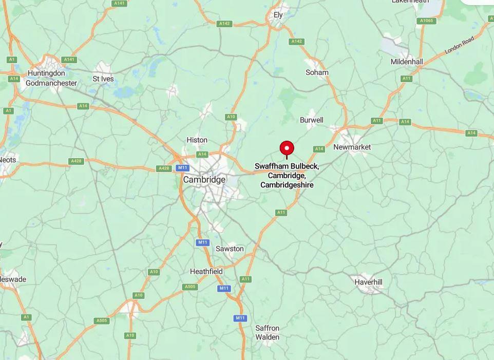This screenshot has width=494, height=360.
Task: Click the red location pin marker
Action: click(x=287, y=148)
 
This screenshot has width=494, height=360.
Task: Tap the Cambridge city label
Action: click(x=204, y=180)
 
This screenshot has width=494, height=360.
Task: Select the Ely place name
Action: click(x=278, y=15)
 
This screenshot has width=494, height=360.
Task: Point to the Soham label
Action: click(x=317, y=72)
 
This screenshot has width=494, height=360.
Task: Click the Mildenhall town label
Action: click(x=407, y=62)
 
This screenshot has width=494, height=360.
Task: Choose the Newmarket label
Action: click(x=352, y=147)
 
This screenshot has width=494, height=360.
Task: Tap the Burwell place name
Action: click(x=312, y=120)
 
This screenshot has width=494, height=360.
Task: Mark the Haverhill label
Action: click(x=368, y=282)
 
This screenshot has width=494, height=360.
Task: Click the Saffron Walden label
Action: click(x=268, y=332)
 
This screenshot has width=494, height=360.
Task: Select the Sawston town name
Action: click(x=230, y=249)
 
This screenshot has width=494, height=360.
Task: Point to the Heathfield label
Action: click(x=206, y=271)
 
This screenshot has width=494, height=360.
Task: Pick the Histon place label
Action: click(x=197, y=140)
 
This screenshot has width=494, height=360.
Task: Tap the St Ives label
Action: click(x=103, y=79)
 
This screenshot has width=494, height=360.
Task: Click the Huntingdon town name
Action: click(x=46, y=73)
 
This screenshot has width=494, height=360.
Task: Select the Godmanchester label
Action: click(x=51, y=83)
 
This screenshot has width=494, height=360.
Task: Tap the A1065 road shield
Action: click(x=426, y=21)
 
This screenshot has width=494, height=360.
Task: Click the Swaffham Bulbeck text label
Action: click(x=287, y=166)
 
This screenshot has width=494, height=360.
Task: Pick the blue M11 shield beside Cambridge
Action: click(x=182, y=168)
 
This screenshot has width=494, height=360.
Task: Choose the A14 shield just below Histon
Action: click(x=202, y=154)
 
